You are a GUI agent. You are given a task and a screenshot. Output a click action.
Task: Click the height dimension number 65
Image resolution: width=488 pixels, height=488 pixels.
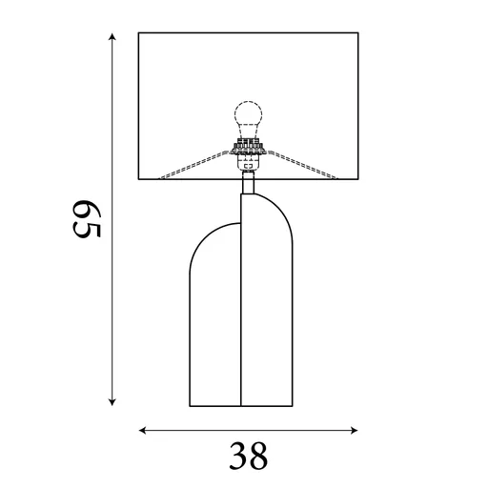(87, 218)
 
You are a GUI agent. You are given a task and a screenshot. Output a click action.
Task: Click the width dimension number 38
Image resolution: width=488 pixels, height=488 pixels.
(248, 457)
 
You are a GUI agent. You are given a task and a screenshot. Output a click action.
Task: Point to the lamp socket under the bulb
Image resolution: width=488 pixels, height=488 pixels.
(248, 151)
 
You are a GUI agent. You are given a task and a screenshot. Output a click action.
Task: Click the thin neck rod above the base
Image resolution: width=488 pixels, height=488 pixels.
(248, 181)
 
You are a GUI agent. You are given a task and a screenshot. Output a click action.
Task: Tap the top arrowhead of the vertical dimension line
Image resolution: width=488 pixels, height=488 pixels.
(113, 37)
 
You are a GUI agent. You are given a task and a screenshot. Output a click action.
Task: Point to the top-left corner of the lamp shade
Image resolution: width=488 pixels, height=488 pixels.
(139, 33)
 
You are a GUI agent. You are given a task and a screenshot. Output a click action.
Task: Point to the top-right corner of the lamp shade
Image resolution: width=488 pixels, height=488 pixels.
(358, 33)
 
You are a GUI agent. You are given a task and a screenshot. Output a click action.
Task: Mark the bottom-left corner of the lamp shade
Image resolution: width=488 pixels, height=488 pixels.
(139, 180)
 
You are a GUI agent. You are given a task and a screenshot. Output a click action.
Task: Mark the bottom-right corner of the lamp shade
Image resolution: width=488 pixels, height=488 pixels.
(358, 180)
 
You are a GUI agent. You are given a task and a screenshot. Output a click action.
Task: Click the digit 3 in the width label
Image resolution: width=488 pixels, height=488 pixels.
(236, 457)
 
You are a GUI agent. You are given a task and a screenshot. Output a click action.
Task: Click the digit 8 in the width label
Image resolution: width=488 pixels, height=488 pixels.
(259, 457)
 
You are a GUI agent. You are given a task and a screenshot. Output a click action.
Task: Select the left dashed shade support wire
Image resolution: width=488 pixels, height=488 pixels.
(191, 168)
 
